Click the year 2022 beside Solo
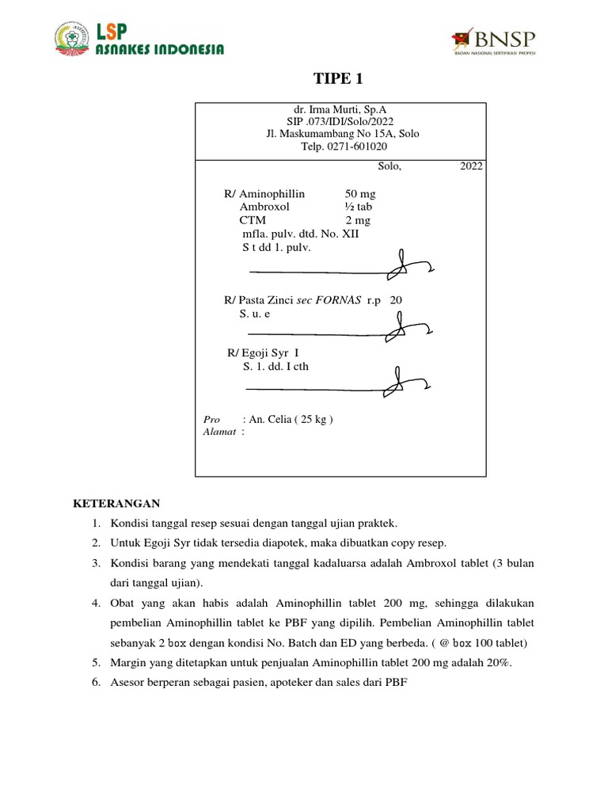click(x=471, y=166)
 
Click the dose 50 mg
click(x=360, y=193)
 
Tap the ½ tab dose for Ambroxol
click(x=359, y=207)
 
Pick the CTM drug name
click(x=253, y=220)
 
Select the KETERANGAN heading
click(x=116, y=503)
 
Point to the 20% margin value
click(x=500, y=663)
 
